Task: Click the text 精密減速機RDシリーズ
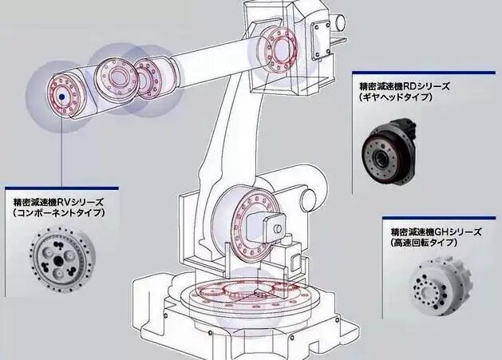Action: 405,85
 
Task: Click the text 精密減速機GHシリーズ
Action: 436,231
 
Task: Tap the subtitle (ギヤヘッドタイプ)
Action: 396,97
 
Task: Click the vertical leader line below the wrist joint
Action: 61,152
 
